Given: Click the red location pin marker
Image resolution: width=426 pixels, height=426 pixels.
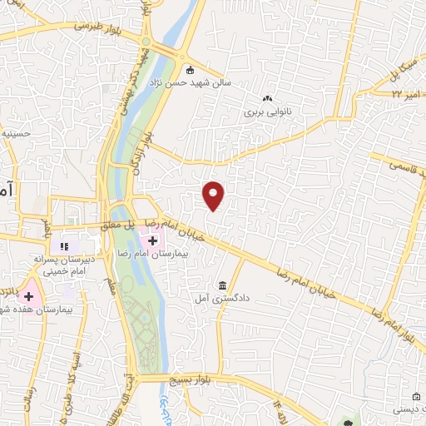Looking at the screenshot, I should click(215, 195).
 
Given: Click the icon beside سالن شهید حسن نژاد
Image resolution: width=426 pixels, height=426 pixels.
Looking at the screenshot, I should click(191, 71).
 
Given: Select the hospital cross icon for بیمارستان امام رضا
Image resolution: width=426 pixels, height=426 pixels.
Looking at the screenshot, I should click(153, 240).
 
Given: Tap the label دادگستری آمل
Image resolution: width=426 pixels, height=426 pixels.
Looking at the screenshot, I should click(213, 297).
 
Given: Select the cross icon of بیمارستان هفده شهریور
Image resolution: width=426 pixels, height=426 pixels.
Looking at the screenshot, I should click(28, 296).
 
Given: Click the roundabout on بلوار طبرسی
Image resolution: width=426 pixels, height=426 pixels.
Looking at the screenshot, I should click(146, 42).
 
